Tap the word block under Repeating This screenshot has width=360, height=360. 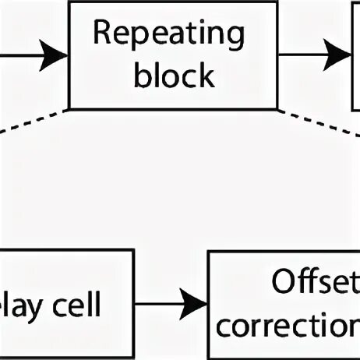tap(173, 76)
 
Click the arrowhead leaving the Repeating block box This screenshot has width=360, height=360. tap(340, 54)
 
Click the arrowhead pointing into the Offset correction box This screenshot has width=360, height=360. tap(195, 302)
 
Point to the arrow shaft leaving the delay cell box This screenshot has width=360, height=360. tap(156, 302)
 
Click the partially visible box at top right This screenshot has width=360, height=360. tap(356, 54)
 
